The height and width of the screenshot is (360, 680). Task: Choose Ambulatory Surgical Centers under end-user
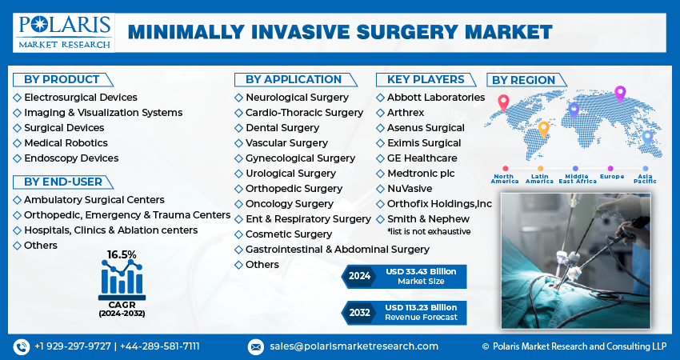(94, 199)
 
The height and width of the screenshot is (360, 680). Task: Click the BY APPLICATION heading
(293, 79)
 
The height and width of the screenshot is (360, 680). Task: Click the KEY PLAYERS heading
(426, 79)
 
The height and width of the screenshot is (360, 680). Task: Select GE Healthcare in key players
(422, 158)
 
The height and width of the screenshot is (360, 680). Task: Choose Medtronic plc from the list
(421, 173)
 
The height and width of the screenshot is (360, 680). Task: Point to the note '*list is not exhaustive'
(428, 231)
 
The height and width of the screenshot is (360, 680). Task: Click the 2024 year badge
(359, 276)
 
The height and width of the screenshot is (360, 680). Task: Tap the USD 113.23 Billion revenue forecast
(421, 307)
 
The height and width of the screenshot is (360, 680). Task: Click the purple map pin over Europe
(619, 93)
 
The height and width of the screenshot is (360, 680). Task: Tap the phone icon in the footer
(21, 346)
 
